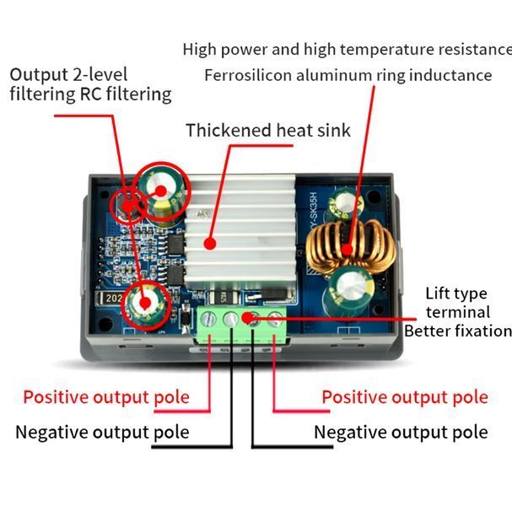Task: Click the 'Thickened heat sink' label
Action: (268, 130)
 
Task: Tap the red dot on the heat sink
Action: (210, 244)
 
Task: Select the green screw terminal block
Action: (242, 324)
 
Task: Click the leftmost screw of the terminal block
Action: (208, 319)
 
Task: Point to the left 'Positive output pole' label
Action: (106, 397)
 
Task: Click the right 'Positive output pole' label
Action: (405, 397)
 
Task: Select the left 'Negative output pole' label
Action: (103, 433)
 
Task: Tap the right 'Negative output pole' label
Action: (401, 433)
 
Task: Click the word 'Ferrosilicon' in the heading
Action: (248, 75)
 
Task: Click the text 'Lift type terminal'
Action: (457, 303)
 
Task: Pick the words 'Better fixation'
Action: (458, 331)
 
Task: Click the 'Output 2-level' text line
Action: (68, 75)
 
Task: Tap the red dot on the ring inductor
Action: (348, 250)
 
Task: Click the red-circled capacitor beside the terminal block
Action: (146, 305)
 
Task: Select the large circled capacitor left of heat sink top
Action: (162, 192)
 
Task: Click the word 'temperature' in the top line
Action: (387, 50)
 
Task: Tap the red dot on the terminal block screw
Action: (248, 317)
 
